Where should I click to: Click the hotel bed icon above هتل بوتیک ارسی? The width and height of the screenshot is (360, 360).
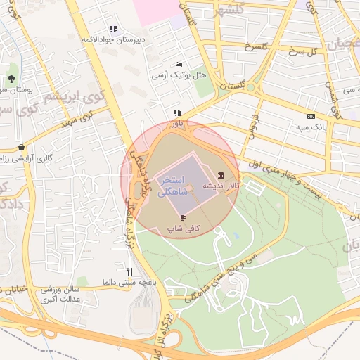[x=178, y=64]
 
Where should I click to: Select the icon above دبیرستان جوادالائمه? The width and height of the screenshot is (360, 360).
[x=113, y=30]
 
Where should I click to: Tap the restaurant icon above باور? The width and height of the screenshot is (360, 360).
[x=178, y=112]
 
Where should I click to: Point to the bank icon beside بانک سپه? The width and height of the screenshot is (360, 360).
[x=311, y=116]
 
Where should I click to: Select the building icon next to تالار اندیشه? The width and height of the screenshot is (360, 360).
[x=221, y=174]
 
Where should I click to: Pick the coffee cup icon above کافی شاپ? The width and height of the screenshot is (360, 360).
[x=184, y=218]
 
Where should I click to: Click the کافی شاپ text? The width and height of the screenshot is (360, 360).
[x=184, y=229]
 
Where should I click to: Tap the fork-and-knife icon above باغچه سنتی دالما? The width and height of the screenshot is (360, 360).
[x=129, y=271]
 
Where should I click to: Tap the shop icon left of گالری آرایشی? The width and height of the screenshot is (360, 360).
[x=22, y=148]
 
